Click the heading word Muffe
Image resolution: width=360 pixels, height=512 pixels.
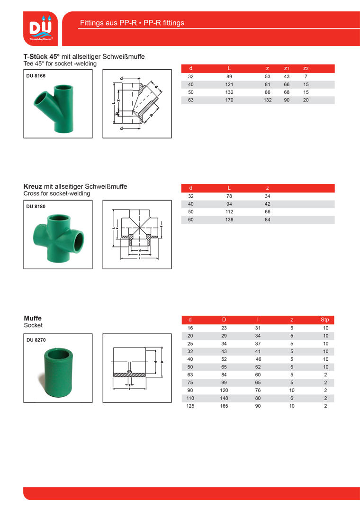[x=33, y=318]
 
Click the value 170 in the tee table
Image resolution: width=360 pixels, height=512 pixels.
[x=229, y=100]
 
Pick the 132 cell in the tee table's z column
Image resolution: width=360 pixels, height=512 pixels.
[x=268, y=100]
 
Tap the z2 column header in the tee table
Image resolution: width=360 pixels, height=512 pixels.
[x=306, y=69]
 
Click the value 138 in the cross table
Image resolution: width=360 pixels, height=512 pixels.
[x=229, y=219]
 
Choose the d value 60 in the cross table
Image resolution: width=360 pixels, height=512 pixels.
[x=191, y=219]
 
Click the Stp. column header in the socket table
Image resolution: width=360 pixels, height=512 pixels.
[x=325, y=320]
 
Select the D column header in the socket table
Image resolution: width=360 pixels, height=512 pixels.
[x=224, y=320]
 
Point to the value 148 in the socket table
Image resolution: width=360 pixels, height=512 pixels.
[x=224, y=398]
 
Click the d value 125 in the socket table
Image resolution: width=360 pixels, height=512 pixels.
[x=190, y=406]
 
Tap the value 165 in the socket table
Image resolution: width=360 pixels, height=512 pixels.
[x=224, y=406]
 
